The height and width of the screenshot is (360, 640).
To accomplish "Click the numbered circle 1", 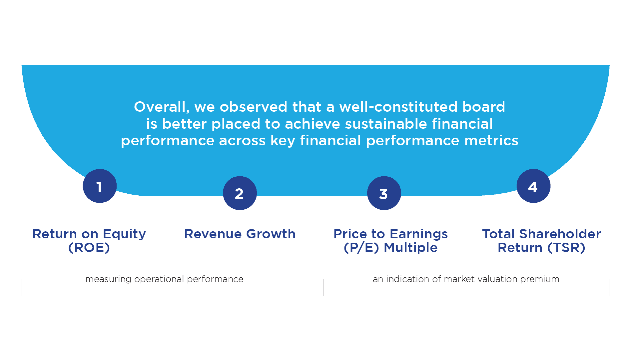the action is tap(100, 186).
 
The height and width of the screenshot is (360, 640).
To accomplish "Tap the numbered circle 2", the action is tap(240, 193).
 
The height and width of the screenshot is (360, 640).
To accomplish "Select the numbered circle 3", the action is tap(384, 193).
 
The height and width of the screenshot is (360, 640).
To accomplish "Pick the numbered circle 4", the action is tap(533, 186).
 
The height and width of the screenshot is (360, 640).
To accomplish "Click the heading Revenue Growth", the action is tap(240, 234).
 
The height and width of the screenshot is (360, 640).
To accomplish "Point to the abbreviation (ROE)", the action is tap(89, 248).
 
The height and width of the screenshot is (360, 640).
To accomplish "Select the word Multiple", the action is tap(410, 248).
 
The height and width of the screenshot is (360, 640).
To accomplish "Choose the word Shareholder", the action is tap(560, 234).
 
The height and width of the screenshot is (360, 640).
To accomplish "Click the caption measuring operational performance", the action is tap(164, 279).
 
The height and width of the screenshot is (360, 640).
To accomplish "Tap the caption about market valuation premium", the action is tap(466, 279).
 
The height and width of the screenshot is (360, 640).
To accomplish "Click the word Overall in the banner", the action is tap(162, 107).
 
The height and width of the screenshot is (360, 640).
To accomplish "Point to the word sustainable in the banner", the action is tap(386, 124).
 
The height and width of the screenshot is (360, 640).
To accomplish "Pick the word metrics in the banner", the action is tap(491, 141).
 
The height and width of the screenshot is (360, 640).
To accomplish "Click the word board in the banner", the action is tap(484, 107).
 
